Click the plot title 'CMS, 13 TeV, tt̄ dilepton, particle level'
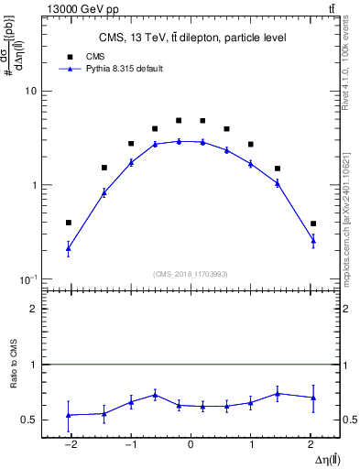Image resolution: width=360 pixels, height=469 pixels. pos(191,38)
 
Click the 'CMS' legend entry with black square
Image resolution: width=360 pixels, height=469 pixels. pos(96,56)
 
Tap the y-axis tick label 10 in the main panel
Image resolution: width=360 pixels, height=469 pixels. pos(30,92)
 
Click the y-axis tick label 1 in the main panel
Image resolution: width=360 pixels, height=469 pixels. pos(33,185)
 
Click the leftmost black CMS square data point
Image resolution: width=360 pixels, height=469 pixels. pos(69,223)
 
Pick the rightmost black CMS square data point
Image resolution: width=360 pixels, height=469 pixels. pos(313,224)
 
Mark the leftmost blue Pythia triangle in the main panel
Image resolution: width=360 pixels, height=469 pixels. pos(69,248)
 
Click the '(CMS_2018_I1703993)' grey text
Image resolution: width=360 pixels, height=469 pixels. pos(190,273)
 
